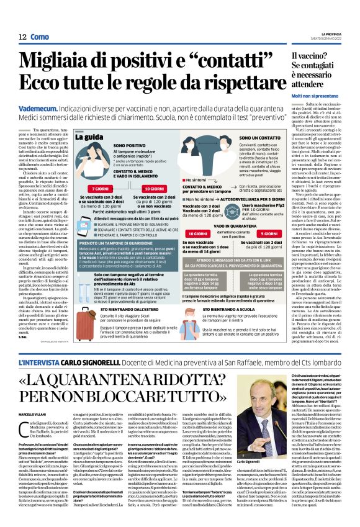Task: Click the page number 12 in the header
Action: point(22,37)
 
